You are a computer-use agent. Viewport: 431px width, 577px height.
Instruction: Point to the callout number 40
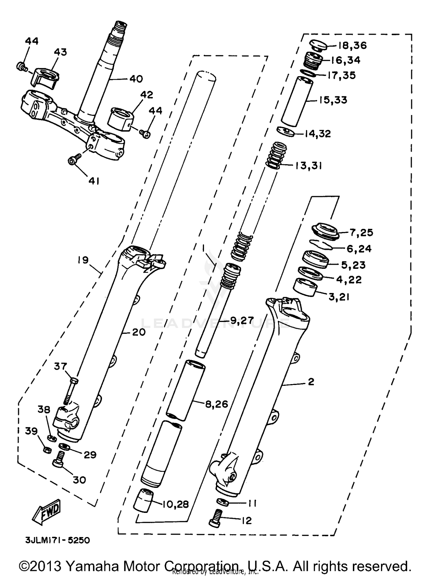[136, 78]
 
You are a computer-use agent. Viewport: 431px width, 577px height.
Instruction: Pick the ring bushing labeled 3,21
[305, 287]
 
